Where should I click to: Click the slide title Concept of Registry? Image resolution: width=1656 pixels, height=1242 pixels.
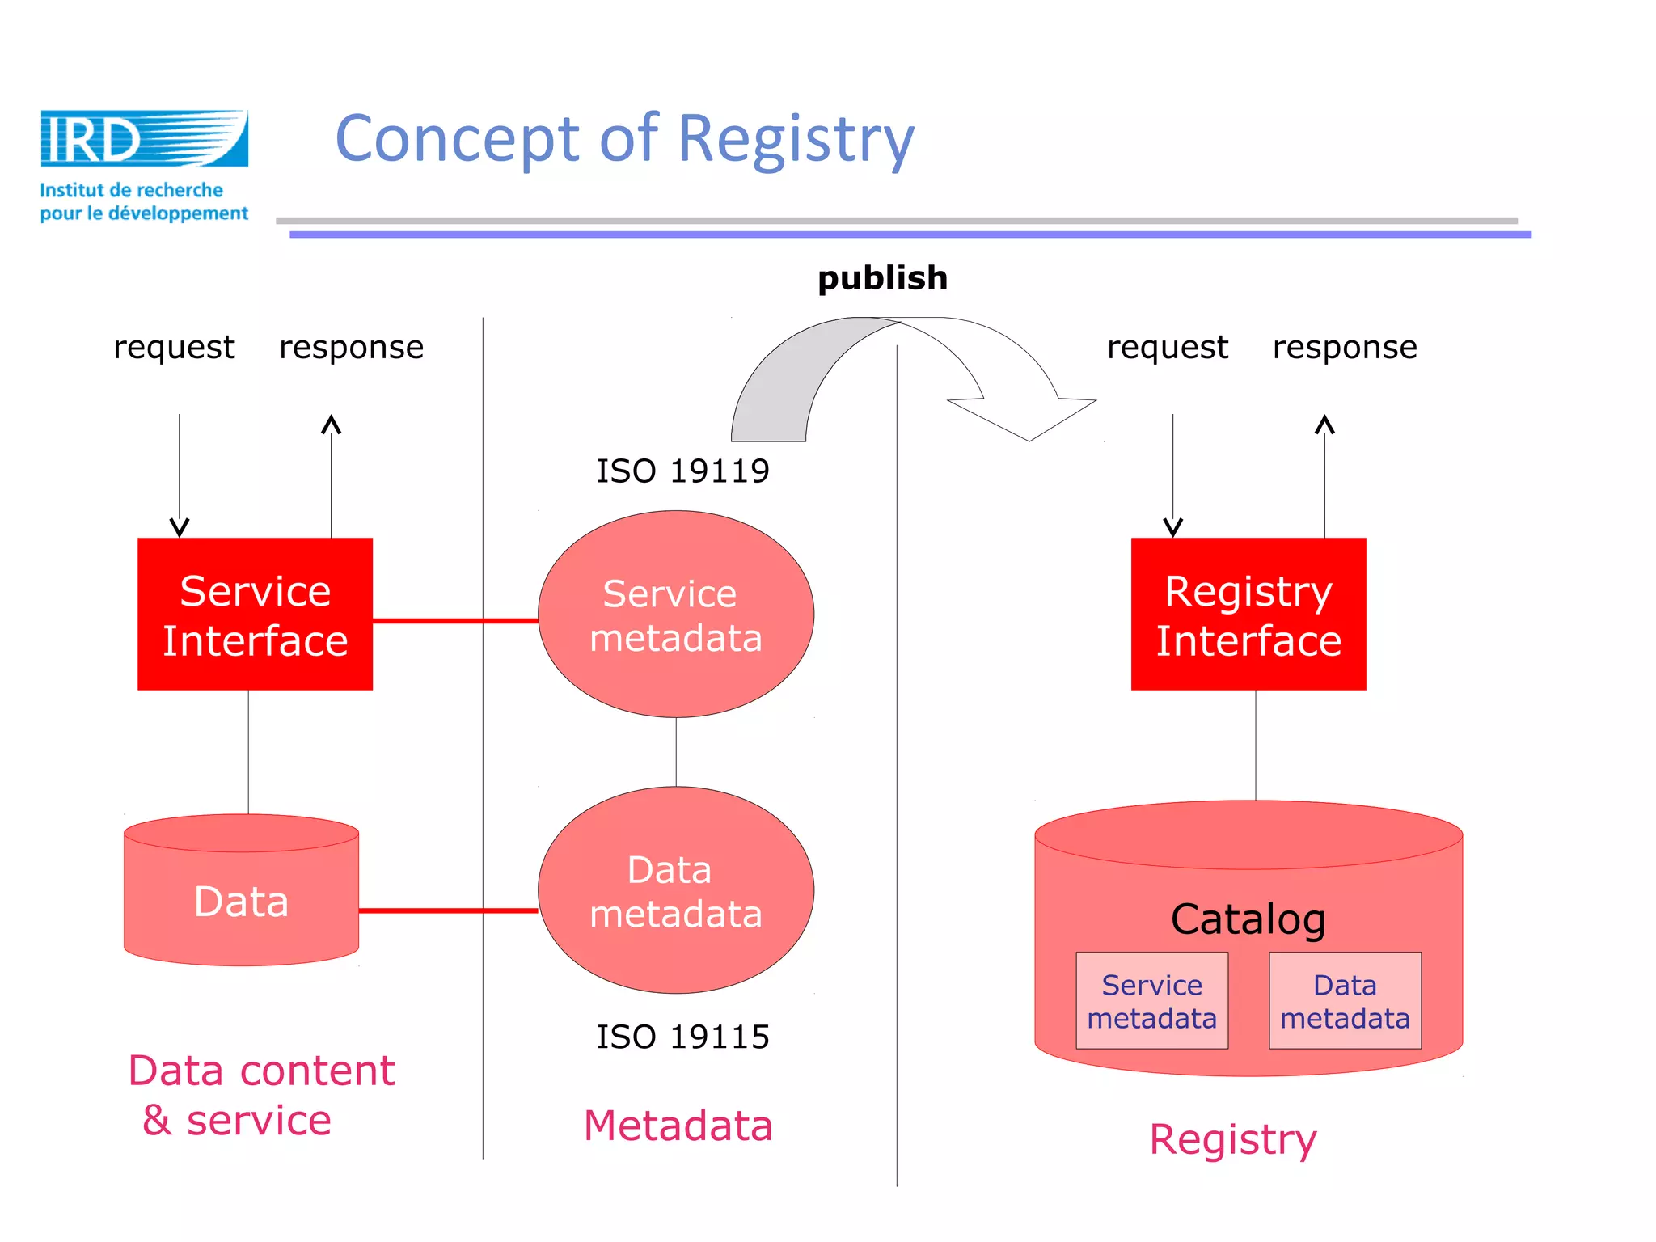(x=624, y=139)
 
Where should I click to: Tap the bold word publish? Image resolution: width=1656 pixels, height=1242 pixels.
(x=882, y=278)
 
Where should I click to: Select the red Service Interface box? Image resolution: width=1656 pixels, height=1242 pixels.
(x=255, y=614)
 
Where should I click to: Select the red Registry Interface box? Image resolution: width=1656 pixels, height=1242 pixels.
(x=1248, y=614)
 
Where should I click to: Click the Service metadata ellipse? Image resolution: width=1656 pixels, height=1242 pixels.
(x=676, y=615)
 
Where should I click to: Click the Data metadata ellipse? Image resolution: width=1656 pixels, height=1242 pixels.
(x=676, y=890)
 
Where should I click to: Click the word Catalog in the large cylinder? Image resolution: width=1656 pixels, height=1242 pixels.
(x=1248, y=919)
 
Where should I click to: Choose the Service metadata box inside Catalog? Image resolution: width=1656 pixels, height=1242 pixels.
(x=1151, y=1001)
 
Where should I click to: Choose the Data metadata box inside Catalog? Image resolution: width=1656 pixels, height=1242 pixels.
(x=1345, y=1001)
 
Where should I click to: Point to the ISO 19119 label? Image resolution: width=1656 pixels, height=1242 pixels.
(x=682, y=471)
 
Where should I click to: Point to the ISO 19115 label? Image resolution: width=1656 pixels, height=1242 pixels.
(x=682, y=1037)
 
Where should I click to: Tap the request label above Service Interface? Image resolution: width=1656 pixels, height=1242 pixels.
(x=174, y=348)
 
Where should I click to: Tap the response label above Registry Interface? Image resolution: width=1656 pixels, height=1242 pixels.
(x=1344, y=348)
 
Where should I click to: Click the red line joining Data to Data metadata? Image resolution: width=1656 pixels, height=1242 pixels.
(x=448, y=910)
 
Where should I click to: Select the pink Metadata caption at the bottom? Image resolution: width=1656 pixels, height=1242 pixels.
(x=678, y=1126)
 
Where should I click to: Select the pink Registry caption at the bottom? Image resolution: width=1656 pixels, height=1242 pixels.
(x=1233, y=1139)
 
